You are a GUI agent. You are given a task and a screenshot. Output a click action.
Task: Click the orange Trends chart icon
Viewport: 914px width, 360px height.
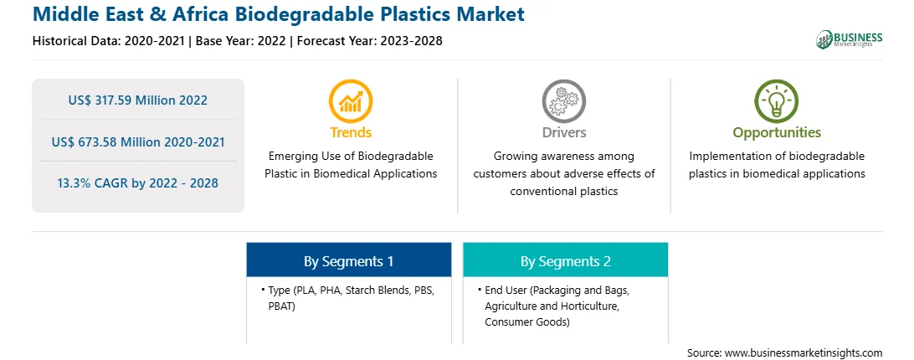[x=351, y=101]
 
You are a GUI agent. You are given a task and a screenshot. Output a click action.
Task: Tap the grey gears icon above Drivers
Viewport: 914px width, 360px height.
[x=563, y=101]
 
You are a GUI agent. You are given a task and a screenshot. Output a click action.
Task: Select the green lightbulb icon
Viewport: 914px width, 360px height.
[x=777, y=101]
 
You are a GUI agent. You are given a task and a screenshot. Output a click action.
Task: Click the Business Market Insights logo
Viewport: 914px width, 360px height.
[x=849, y=39]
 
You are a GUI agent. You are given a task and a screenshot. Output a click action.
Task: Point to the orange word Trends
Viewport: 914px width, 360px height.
[x=351, y=132]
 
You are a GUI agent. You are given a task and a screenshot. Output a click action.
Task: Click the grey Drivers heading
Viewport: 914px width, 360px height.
[x=563, y=132]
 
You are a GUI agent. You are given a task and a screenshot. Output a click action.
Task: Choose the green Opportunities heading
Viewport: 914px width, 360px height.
[x=777, y=133]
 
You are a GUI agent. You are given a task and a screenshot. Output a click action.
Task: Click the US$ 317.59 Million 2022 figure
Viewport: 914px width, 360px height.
[x=137, y=100]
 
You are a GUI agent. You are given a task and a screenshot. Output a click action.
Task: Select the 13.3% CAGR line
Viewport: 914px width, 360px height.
[x=137, y=183]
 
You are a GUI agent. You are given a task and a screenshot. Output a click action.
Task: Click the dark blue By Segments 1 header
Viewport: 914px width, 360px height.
[x=348, y=260]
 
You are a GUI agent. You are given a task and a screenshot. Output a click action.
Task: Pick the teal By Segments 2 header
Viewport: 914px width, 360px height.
[x=566, y=260]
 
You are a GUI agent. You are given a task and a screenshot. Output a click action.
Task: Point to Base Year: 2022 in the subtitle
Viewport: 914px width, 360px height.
[x=241, y=41]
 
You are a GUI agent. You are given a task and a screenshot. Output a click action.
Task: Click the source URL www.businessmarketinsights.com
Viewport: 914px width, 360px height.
[x=804, y=353]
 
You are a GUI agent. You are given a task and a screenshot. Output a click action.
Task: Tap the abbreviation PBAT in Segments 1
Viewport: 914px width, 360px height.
[x=281, y=306]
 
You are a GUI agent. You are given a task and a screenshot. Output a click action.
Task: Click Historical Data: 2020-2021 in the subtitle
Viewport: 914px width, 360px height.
[x=109, y=41]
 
